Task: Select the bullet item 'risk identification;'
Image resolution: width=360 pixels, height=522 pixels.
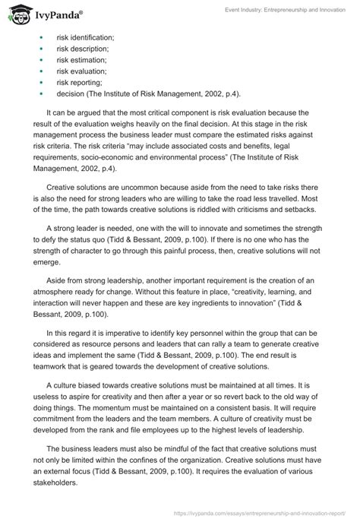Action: click(85, 37)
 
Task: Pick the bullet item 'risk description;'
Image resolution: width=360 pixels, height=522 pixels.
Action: click(82, 51)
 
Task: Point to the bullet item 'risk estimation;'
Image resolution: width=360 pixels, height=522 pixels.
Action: click(81, 65)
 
